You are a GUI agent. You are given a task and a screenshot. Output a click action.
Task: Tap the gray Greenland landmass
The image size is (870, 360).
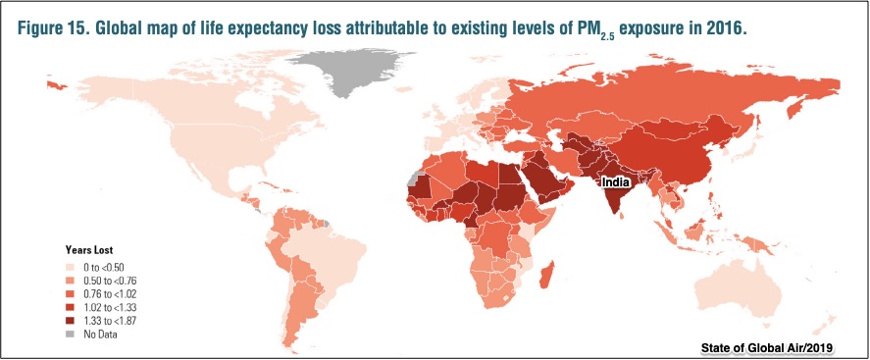click(349, 70)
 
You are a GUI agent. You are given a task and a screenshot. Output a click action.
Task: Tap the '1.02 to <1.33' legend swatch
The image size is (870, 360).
click(71, 307)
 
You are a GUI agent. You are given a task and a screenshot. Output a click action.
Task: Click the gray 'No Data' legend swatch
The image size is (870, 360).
click(71, 334)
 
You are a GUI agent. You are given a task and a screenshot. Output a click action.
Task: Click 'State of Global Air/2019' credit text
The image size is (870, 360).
click(767, 348)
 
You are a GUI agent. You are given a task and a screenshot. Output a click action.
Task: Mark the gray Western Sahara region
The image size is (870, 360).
click(412, 180)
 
